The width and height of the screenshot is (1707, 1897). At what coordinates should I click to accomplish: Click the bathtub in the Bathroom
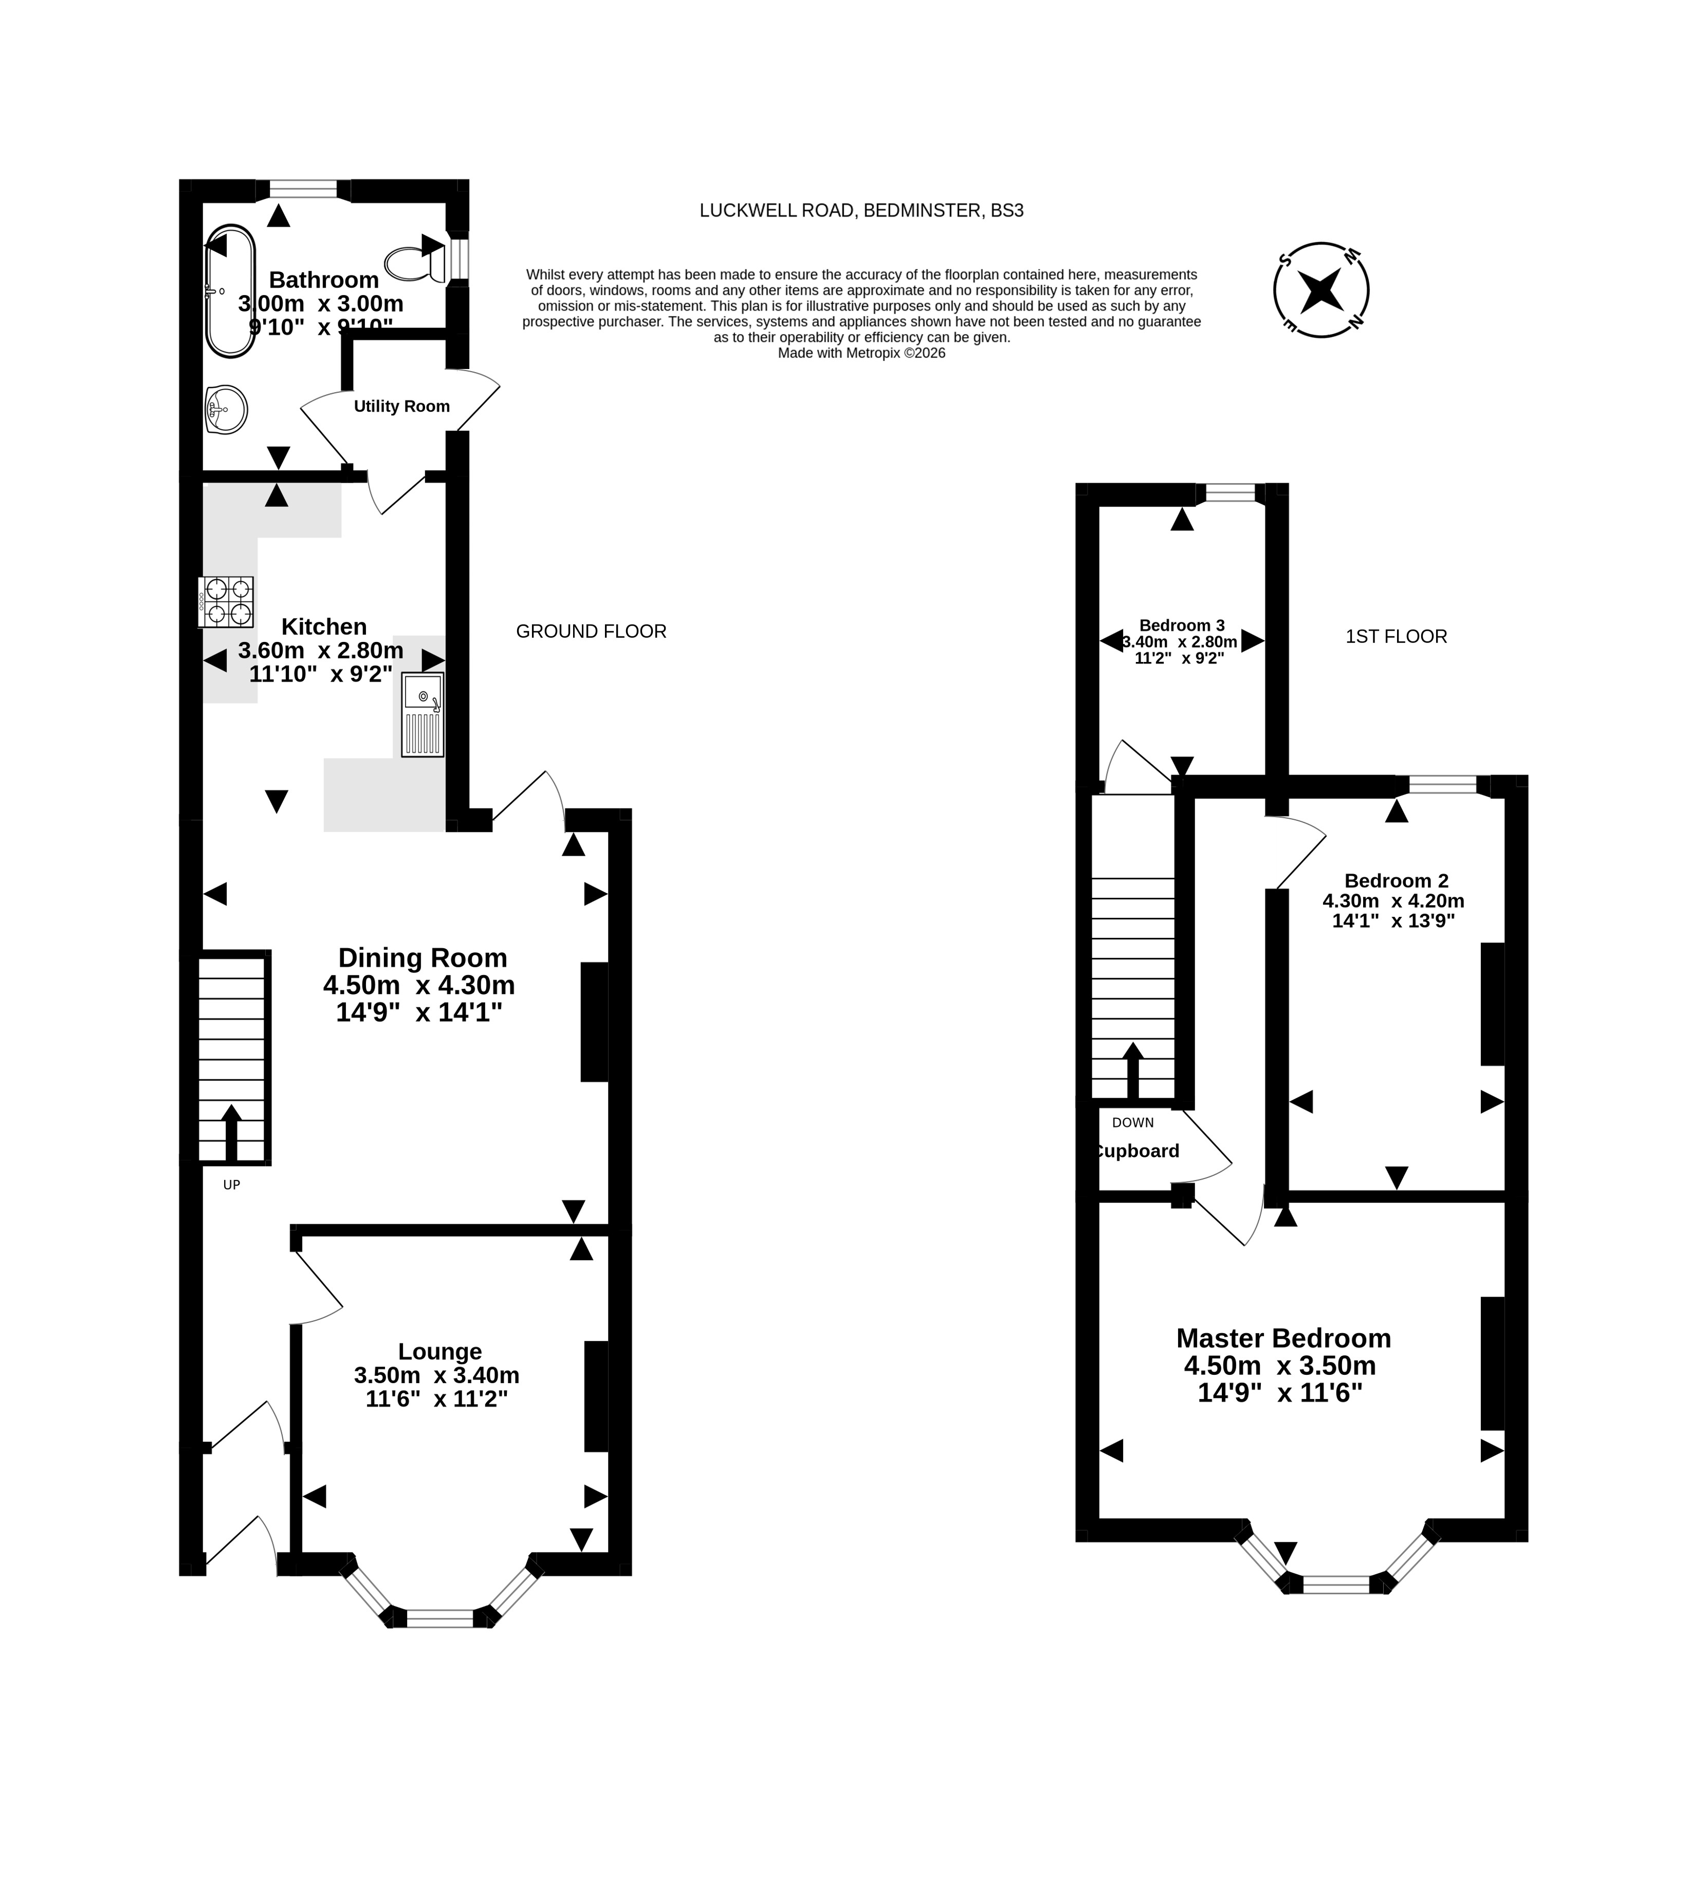click(x=230, y=291)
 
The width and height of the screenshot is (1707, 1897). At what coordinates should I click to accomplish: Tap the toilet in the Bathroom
click(x=415, y=264)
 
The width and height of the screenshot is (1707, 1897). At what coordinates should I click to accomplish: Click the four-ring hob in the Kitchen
click(x=226, y=602)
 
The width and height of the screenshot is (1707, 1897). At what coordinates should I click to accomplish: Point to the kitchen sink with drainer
click(x=423, y=714)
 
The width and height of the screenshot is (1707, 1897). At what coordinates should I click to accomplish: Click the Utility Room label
click(x=401, y=406)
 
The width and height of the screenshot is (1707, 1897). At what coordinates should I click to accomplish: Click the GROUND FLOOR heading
click(x=591, y=631)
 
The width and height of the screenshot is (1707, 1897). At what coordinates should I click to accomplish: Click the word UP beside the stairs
click(x=232, y=1184)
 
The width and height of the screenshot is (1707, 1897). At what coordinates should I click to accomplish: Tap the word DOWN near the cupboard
click(x=1133, y=1122)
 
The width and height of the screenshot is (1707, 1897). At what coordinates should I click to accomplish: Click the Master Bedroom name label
click(x=1283, y=1338)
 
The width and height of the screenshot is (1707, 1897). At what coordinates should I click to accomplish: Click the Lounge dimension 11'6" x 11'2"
click(x=437, y=1399)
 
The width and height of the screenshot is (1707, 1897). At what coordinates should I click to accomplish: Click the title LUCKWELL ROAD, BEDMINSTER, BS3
click(x=861, y=211)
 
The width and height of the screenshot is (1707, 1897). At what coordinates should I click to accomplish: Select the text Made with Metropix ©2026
click(x=861, y=354)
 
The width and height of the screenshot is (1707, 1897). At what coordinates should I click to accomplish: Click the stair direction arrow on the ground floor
click(x=231, y=1134)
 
